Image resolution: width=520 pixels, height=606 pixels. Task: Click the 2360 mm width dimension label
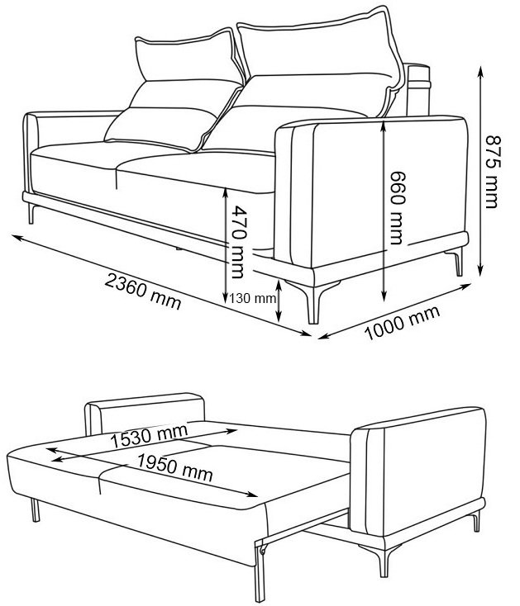[143, 291]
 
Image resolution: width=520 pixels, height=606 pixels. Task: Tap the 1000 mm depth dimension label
[403, 323]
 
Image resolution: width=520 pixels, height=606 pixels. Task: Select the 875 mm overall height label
[493, 172]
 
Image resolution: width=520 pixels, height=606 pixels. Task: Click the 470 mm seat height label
[236, 242]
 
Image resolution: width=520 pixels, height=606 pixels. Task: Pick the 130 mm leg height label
[253, 298]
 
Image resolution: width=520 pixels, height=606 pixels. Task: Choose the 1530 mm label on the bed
[150, 436]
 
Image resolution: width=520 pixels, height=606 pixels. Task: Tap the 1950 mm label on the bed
[175, 467]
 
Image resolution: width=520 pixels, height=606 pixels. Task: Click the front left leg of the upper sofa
[31, 214]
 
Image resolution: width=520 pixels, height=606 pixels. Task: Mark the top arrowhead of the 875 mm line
[480, 70]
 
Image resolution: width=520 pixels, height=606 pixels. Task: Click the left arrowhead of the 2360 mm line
[17, 236]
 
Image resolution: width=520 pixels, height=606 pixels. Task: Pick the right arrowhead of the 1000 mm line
[465, 286]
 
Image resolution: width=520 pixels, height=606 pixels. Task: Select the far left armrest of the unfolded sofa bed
[144, 413]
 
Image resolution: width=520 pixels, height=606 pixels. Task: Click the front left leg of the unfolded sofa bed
[35, 510]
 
